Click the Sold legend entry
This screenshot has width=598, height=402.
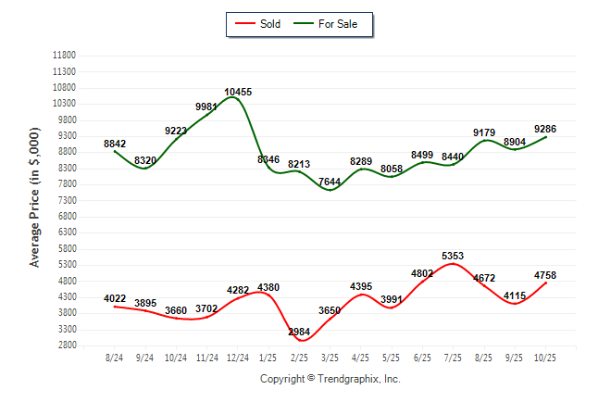[262, 23]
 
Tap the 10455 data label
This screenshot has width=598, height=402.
[238, 92]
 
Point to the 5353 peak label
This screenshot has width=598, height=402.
[454, 255]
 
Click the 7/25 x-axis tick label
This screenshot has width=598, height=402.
[453, 358]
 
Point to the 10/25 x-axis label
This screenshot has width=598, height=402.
[546, 358]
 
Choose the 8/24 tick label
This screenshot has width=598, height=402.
[114, 358]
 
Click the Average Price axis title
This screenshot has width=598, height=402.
[34, 199]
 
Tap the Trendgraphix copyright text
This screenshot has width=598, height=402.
[330, 379]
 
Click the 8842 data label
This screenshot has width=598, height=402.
[115, 144]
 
